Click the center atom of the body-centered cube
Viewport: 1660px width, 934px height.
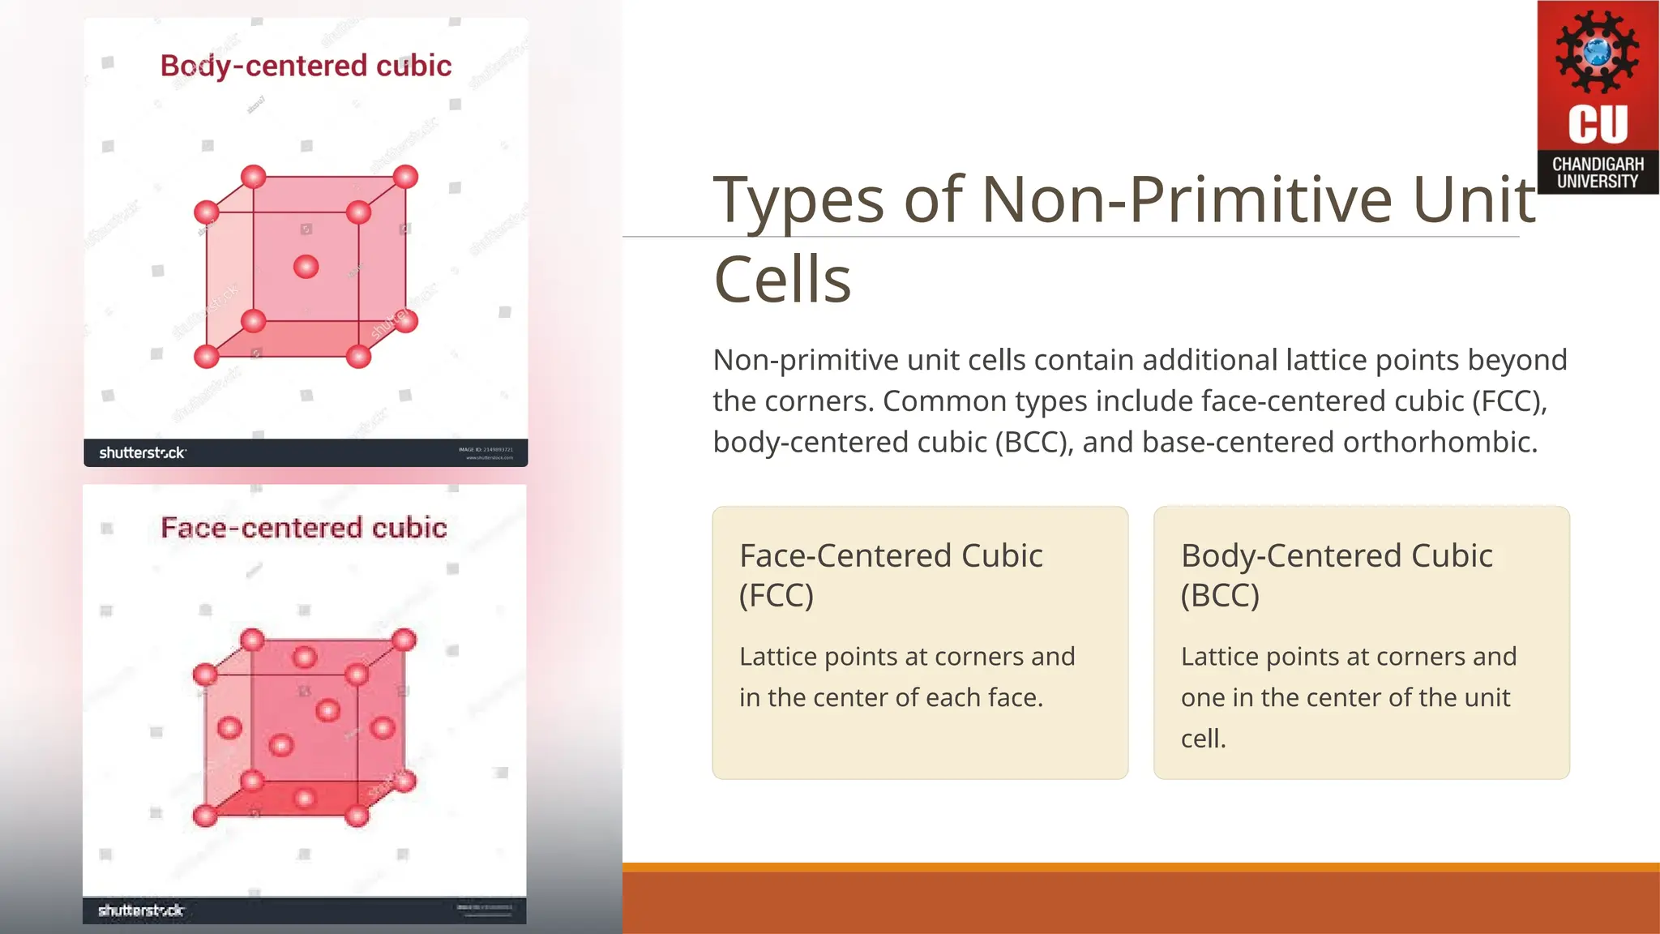(x=306, y=267)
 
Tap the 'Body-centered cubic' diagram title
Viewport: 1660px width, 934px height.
(x=306, y=66)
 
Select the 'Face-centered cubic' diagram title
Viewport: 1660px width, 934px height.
(x=304, y=528)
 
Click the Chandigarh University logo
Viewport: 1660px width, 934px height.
(x=1598, y=97)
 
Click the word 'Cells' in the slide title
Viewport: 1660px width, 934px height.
(x=782, y=279)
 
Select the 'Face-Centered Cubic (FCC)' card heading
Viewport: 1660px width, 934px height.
(x=891, y=575)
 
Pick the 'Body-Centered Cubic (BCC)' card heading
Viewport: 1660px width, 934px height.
(x=1337, y=575)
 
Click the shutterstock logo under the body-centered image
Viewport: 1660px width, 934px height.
(x=143, y=452)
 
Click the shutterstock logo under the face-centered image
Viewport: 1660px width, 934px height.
(x=141, y=910)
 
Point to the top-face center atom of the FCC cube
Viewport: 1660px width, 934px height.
(x=304, y=657)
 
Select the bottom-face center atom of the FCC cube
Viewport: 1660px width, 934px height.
(x=304, y=799)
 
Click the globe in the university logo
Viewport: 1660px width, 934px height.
(x=1598, y=51)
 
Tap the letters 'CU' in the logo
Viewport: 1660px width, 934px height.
(x=1598, y=124)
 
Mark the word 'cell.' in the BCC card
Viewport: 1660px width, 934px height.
(x=1204, y=739)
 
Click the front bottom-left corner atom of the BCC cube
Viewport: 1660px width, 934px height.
(x=207, y=356)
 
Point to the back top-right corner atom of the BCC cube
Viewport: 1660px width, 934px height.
(x=405, y=177)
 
